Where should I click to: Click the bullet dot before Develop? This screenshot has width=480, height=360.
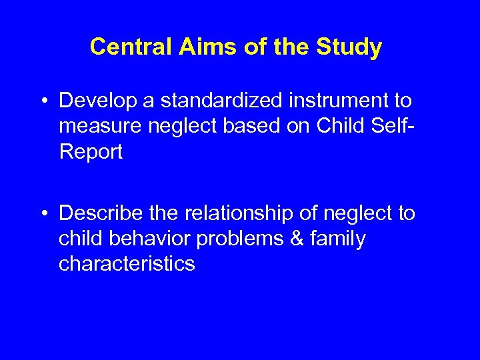(x=43, y=101)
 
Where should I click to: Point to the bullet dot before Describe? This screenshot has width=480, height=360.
(x=43, y=214)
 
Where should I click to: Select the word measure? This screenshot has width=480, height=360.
(x=99, y=127)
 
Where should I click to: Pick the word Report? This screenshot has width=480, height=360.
(x=91, y=153)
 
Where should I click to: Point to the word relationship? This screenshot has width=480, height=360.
(x=236, y=213)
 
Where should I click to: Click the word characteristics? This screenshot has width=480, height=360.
(x=127, y=265)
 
